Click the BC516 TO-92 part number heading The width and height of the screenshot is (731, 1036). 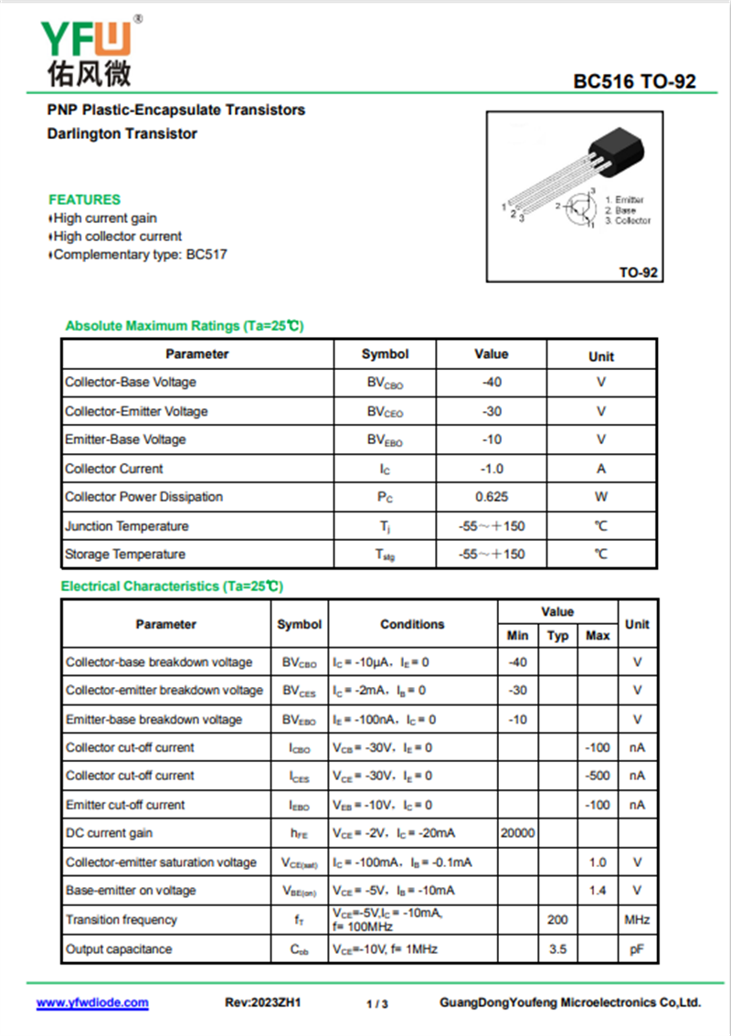click(x=634, y=81)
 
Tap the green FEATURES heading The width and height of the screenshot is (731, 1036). click(x=84, y=199)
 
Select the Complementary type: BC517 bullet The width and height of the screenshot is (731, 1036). click(x=139, y=255)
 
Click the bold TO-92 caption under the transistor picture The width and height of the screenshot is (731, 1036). click(x=639, y=272)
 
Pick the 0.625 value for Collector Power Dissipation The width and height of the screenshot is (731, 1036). click(x=492, y=497)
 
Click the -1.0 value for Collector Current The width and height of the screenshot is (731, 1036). click(x=492, y=469)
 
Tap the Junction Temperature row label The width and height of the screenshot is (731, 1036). click(x=127, y=526)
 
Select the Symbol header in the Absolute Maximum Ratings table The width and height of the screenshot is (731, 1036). click(x=385, y=354)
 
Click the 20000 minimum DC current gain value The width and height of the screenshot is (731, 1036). click(x=518, y=833)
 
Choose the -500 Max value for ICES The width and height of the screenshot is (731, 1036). click(x=597, y=776)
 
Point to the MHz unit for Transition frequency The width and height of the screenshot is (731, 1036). click(x=637, y=920)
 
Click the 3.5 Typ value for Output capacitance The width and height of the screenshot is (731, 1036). click(x=557, y=949)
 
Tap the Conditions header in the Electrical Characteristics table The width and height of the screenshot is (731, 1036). click(x=412, y=625)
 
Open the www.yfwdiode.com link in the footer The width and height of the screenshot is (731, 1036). click(x=92, y=1002)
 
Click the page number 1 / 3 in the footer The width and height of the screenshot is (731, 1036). click(x=377, y=1004)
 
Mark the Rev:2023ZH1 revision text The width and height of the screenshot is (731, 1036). click(x=263, y=1002)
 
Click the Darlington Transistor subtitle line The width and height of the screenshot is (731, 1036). click(x=122, y=133)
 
